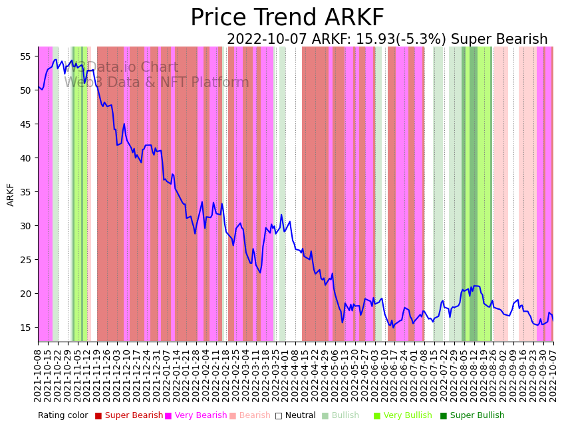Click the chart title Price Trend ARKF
287,18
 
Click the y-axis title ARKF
11,195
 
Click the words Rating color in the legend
63,415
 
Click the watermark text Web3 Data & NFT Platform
156,82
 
